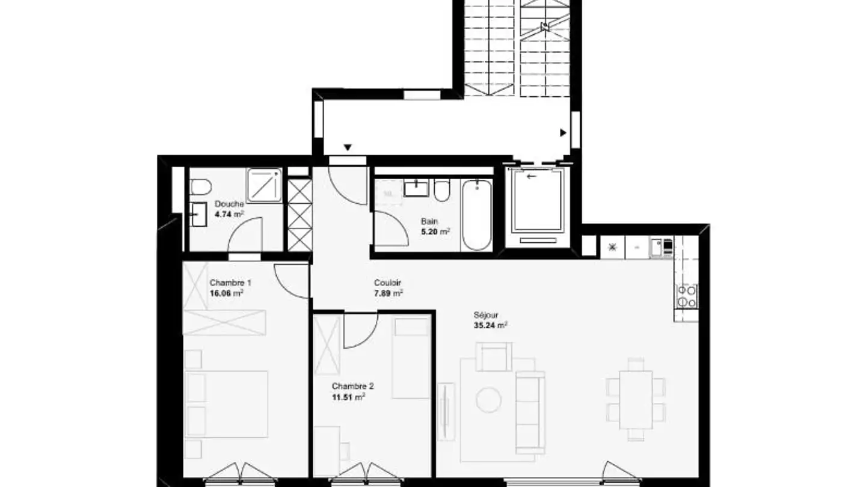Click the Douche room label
(x=229, y=204)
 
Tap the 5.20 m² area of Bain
(x=435, y=231)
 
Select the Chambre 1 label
(x=230, y=283)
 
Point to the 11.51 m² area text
(x=348, y=397)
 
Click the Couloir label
(x=387, y=283)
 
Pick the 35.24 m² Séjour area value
(x=491, y=325)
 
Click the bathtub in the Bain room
(x=477, y=215)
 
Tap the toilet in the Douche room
(x=201, y=187)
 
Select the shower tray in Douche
(x=265, y=185)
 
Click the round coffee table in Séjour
(x=489, y=400)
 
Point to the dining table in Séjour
(x=636, y=400)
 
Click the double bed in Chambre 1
(x=226, y=404)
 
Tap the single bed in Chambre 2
(x=411, y=358)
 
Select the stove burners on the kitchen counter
(x=687, y=296)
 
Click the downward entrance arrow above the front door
(x=348, y=147)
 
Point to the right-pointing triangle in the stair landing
(x=564, y=132)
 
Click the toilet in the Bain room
(x=441, y=191)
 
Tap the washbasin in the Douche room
(x=199, y=214)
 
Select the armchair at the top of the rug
(x=494, y=357)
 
